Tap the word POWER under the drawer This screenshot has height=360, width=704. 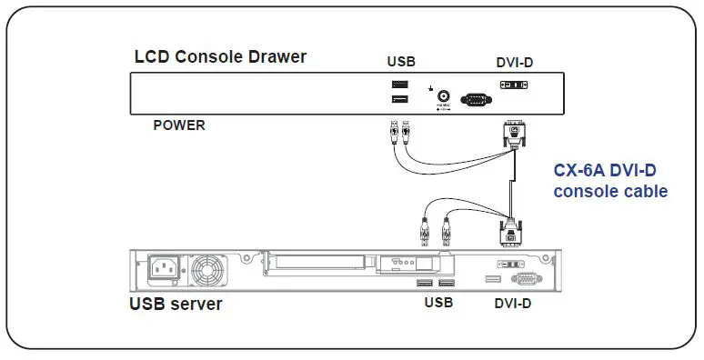pos(178,125)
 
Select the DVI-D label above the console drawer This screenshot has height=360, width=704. pos(515,62)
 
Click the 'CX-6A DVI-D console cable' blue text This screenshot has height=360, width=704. pos(610,180)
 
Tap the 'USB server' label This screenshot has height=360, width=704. pos(175,304)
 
